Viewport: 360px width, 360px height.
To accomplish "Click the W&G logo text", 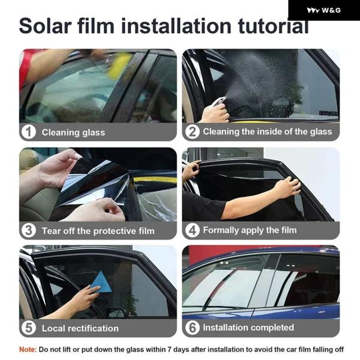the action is click(331, 10).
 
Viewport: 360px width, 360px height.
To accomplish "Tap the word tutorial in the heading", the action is click(273, 26).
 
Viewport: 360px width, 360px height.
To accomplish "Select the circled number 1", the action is click(28, 132).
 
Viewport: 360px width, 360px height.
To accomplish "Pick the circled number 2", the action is click(192, 132).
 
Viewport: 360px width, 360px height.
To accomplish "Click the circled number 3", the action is click(28, 230).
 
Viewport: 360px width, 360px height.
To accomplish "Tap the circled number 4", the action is click(192, 230).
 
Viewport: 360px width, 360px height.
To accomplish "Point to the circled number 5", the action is click(28, 328).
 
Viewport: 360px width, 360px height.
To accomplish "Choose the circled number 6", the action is click(192, 328).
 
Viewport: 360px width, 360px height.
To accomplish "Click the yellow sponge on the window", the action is click(118, 65).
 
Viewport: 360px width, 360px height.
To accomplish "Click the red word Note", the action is click(28, 349).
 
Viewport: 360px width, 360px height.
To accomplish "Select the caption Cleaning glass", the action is click(73, 133).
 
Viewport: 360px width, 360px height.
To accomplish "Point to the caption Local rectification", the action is click(80, 328).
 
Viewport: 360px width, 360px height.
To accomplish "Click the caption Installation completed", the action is click(248, 328).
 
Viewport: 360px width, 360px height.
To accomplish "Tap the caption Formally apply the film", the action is click(250, 230).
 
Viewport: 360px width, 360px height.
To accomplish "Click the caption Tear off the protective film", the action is click(98, 231).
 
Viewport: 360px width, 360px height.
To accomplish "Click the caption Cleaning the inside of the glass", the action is click(268, 132).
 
